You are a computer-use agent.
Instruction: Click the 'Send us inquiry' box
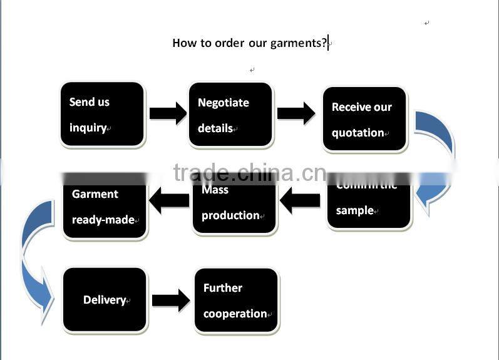pyautogui.click(x=103, y=115)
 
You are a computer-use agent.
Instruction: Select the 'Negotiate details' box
pyautogui.click(x=230, y=115)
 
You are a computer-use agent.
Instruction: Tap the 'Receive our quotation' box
pyautogui.click(x=364, y=120)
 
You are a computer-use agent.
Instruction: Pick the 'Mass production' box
pyautogui.click(x=234, y=203)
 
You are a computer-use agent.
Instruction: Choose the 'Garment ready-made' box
pyautogui.click(x=105, y=207)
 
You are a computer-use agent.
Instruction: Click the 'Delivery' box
pyautogui.click(x=105, y=300)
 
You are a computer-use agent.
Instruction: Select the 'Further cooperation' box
pyautogui.click(x=236, y=301)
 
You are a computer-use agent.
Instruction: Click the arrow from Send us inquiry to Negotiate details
pyautogui.click(x=168, y=114)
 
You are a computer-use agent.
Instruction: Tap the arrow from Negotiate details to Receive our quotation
pyautogui.click(x=296, y=113)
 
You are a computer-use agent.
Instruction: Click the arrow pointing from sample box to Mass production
pyautogui.click(x=301, y=201)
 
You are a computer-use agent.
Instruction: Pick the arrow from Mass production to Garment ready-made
pyautogui.click(x=169, y=201)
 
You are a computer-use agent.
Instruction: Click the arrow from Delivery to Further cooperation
pyautogui.click(x=170, y=300)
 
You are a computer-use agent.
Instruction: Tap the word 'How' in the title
pyautogui.click(x=183, y=43)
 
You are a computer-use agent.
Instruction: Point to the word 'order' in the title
pyautogui.click(x=229, y=43)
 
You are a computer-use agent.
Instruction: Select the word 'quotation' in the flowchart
pyautogui.click(x=358, y=133)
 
